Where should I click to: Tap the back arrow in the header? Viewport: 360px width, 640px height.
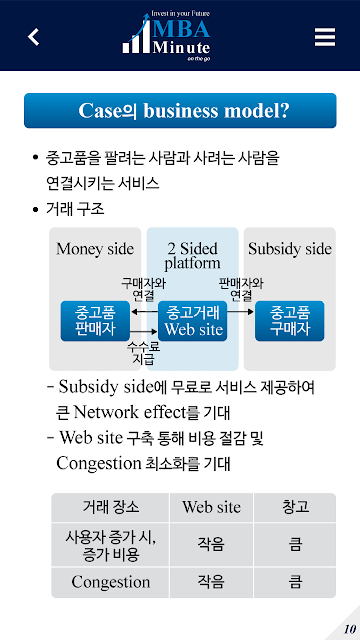tap(33, 37)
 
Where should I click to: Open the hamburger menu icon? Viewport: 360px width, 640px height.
tap(325, 37)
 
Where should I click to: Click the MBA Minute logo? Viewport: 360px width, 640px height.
tap(167, 36)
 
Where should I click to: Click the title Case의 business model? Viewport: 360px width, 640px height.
tap(180, 111)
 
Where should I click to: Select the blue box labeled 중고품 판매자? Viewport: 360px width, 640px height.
tap(96, 321)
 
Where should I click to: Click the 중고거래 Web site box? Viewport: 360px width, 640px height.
tap(192, 321)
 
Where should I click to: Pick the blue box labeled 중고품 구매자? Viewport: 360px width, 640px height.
tap(289, 321)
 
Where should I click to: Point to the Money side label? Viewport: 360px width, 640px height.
tap(95, 249)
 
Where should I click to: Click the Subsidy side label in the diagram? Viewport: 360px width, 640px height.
tap(290, 249)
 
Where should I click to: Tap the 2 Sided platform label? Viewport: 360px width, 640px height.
tap(192, 256)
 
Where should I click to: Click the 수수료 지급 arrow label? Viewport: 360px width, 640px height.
tap(143, 353)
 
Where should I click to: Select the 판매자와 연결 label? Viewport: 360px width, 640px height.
tap(241, 288)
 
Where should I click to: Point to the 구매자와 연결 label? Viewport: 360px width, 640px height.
tap(143, 288)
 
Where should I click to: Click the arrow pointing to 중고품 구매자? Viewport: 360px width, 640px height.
tap(241, 312)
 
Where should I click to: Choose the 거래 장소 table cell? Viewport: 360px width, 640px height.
tap(111, 507)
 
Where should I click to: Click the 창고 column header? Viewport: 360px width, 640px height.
tap(295, 507)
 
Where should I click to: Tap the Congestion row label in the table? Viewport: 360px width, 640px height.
tap(111, 582)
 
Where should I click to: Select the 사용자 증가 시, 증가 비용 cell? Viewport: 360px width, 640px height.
tap(111, 544)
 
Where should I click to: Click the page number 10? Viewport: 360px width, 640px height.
tap(349, 629)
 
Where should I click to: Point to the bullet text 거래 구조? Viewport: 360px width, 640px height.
tap(75, 210)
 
